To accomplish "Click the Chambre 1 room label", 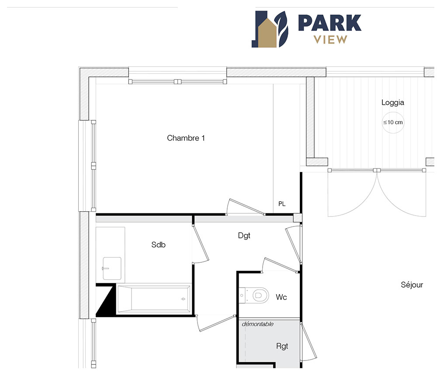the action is tap(186, 138).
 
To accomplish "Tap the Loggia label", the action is tap(393, 103).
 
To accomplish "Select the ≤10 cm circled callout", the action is tap(393, 123).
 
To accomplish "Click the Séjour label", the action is tap(412, 285).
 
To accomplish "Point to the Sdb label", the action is tap(158, 244).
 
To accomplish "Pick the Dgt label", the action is tap(244, 236).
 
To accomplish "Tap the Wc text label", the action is tap(281, 297).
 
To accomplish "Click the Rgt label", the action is tap(282, 346).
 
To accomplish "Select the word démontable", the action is tap(257, 324).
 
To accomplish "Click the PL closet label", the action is tap(282, 204).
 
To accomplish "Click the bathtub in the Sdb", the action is tap(154, 299).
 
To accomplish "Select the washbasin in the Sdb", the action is tap(112, 268).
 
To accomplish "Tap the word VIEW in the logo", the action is tap(330, 40).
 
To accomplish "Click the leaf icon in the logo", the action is tap(282, 29).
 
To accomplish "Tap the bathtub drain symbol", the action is tap(183, 299).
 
